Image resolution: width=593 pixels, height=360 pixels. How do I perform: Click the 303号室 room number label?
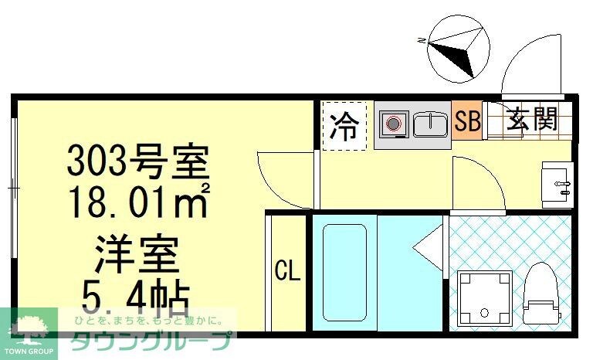[x=137, y=163]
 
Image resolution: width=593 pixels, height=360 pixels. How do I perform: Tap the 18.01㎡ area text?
[x=140, y=202]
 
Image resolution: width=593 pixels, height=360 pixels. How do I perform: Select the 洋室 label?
[x=137, y=252]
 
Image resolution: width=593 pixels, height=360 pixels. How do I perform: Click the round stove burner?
[x=394, y=124]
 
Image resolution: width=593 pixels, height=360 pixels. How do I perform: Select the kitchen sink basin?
[x=430, y=124]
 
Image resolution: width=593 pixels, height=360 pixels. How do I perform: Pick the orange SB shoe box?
[x=468, y=121]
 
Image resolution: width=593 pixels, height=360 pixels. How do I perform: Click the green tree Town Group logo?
[x=29, y=329]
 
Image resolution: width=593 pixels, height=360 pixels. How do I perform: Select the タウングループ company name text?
[x=151, y=339]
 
